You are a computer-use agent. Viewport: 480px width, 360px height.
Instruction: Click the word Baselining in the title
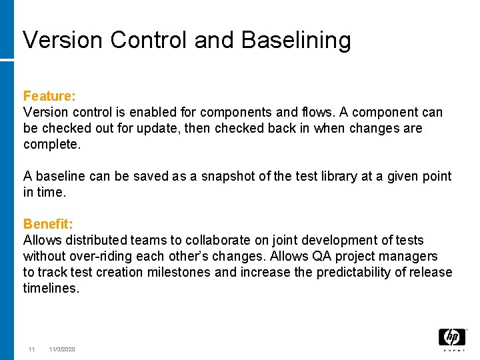point(296,41)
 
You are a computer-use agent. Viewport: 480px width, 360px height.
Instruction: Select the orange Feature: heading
point(49,97)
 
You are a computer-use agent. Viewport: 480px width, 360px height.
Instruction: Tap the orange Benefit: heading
point(49,224)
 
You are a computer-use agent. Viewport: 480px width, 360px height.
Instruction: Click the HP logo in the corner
point(451,338)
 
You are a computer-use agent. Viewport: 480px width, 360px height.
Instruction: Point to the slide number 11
point(31,349)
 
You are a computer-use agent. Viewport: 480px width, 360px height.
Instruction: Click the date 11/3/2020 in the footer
point(62,349)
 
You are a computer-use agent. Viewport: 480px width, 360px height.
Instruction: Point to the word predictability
point(352,272)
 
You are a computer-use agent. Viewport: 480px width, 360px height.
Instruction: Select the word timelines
point(51,288)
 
